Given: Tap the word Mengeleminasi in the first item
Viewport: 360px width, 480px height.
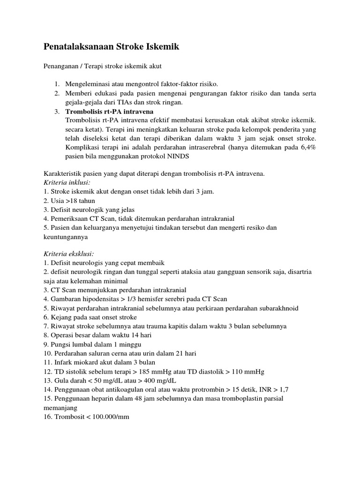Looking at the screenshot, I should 88,84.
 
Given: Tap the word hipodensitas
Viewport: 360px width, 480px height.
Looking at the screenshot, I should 99,299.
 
